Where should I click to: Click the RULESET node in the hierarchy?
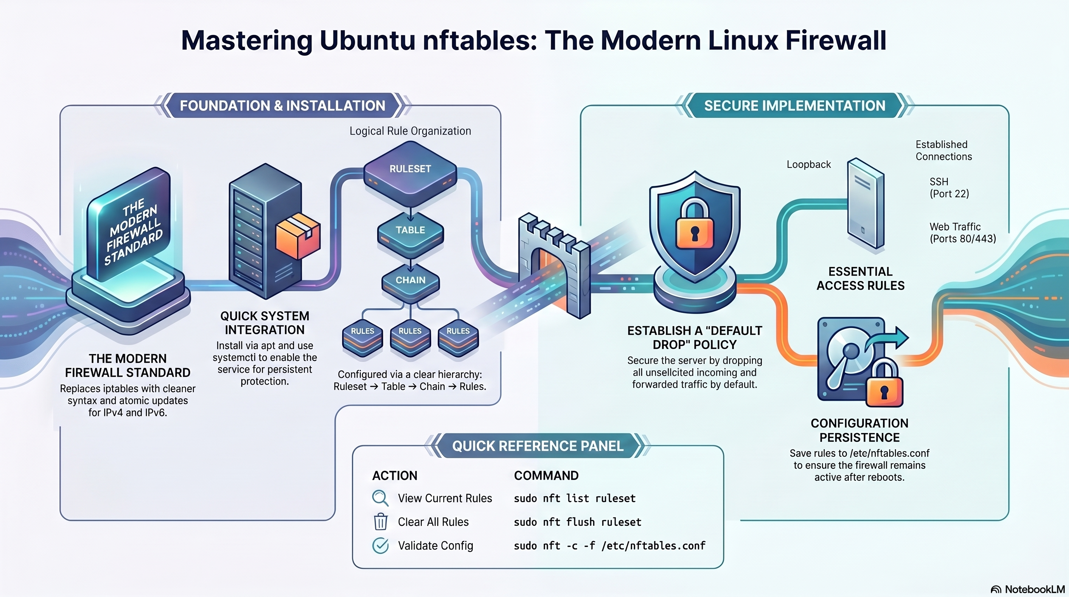[410, 169]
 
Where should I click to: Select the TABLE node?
[410, 230]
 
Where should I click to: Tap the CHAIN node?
[410, 280]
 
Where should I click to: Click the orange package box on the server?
[298, 236]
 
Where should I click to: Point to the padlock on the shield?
[694, 226]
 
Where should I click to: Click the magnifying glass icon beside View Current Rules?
[380, 498]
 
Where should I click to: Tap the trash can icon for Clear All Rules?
[380, 522]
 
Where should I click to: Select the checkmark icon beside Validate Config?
[380, 546]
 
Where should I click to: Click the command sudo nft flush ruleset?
[577, 522]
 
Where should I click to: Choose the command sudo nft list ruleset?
[575, 498]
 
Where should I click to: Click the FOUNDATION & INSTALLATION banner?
[282, 106]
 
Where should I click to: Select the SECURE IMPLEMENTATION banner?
[794, 106]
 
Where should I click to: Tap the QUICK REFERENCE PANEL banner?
[537, 446]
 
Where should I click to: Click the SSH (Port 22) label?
[949, 188]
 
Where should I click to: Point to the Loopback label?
[808, 164]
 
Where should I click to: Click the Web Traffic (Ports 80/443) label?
[962, 232]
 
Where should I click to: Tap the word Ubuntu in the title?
[367, 40]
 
